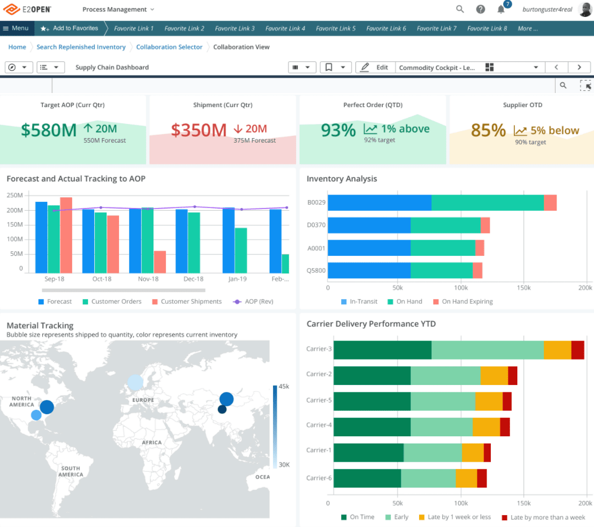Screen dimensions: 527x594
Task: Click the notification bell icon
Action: point(500,10)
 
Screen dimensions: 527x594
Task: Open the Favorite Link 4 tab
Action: point(285,28)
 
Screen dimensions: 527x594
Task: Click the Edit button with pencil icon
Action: point(375,67)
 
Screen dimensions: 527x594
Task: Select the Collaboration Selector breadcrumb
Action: point(169,47)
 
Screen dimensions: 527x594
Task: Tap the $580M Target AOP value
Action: point(49,130)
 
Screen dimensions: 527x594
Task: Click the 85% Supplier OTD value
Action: point(488,131)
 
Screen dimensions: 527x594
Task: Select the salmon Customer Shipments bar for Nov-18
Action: point(160,262)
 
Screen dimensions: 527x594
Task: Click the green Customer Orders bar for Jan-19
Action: point(241,250)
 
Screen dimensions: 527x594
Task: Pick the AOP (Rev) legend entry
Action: point(253,302)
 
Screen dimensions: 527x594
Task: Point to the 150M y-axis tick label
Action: point(15,225)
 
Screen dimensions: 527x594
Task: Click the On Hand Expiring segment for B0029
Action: point(550,203)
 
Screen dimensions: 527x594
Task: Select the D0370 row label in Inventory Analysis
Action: point(316,225)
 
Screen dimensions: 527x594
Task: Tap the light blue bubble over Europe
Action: point(135,383)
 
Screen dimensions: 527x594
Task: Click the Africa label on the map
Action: point(152,442)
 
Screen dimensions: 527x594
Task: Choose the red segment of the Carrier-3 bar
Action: point(578,350)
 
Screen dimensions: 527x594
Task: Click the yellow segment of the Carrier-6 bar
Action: point(466,479)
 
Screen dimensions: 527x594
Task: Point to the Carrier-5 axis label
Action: point(319,400)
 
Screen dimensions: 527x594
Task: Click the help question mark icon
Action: point(480,10)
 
